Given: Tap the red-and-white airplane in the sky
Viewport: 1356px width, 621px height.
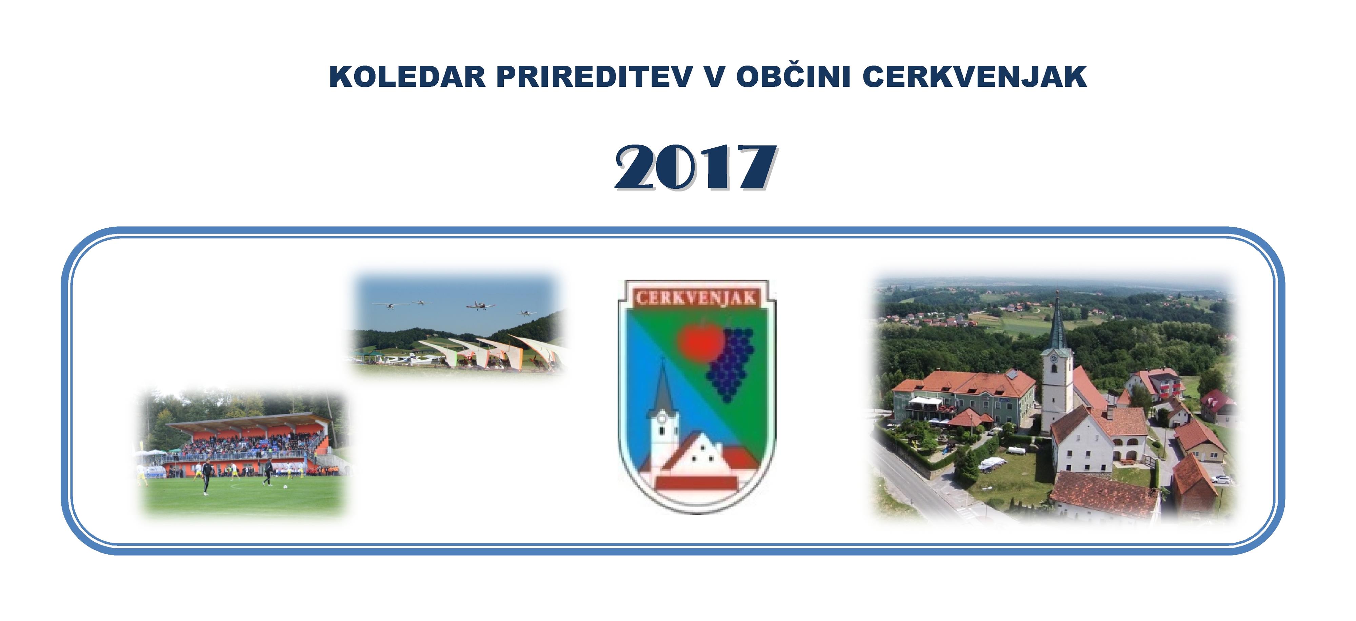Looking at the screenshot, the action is (480, 305).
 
